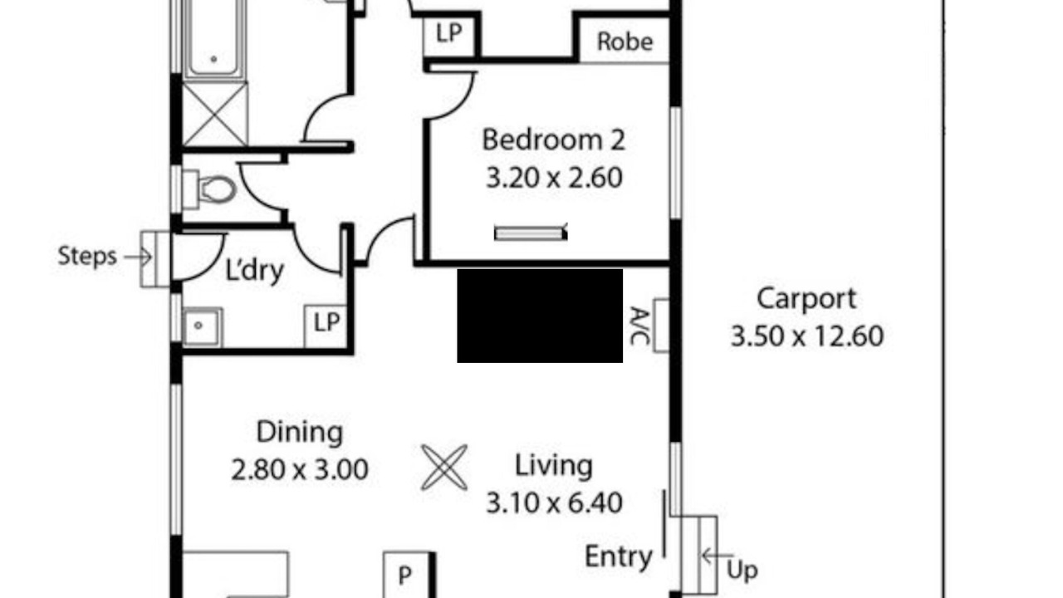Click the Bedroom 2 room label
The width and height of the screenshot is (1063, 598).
point(553,140)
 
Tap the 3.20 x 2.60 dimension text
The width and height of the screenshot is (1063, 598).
point(554,178)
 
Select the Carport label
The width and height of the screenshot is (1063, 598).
point(806,299)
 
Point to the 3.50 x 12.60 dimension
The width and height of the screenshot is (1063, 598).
point(806,336)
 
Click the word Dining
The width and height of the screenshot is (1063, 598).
point(300,433)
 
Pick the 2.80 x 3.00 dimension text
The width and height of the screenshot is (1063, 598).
point(300,469)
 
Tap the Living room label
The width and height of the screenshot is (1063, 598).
point(554,466)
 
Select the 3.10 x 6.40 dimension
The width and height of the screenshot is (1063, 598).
point(554,503)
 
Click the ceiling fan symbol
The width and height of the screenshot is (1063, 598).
point(444,467)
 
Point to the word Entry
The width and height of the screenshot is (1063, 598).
point(619,556)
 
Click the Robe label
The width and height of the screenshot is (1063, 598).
point(625,42)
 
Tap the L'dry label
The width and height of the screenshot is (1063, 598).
point(254,271)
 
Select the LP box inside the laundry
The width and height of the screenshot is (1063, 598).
point(326,326)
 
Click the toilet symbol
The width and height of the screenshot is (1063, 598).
point(209,189)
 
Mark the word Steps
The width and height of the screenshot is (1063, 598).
point(87,257)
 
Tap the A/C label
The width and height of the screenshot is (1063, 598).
point(639,326)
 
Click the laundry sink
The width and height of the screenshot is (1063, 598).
point(201,326)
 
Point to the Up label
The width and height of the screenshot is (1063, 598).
point(742,571)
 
